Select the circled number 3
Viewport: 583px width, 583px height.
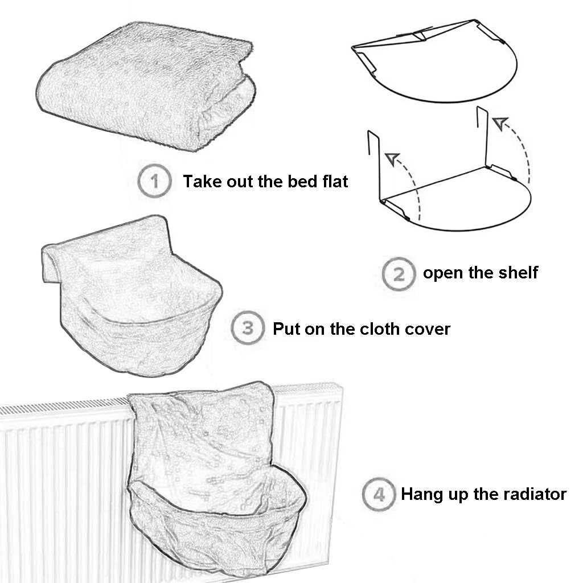coord(248,329)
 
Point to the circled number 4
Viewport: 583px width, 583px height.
coord(379,494)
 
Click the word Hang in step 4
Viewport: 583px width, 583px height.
coord(420,494)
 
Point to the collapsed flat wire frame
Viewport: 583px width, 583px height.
coord(436,63)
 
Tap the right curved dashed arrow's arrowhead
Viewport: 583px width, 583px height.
coord(499,122)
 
